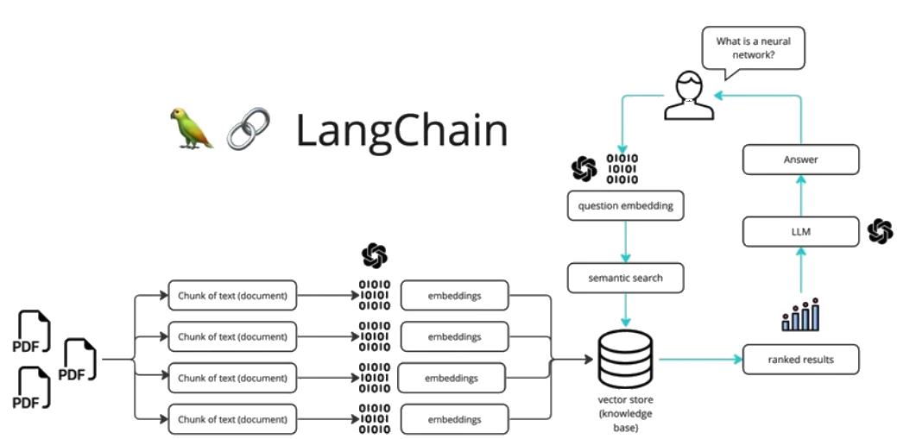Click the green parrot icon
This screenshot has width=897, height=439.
(191, 129)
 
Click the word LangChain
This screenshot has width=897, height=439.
(401, 130)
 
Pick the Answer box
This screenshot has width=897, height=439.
(800, 160)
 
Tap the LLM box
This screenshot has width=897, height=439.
(800, 231)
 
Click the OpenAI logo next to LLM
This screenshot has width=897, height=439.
(880, 230)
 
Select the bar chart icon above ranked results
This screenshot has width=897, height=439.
(800, 316)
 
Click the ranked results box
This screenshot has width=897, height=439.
(800, 359)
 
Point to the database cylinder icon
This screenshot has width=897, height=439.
(626, 359)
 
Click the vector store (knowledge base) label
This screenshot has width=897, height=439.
(626, 413)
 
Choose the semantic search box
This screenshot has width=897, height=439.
(626, 279)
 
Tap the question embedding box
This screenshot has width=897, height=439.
(626, 206)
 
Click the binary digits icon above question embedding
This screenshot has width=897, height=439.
(622, 168)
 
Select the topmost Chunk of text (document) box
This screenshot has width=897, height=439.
(232, 296)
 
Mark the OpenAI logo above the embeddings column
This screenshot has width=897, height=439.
(374, 256)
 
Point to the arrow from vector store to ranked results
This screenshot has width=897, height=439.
(700, 359)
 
